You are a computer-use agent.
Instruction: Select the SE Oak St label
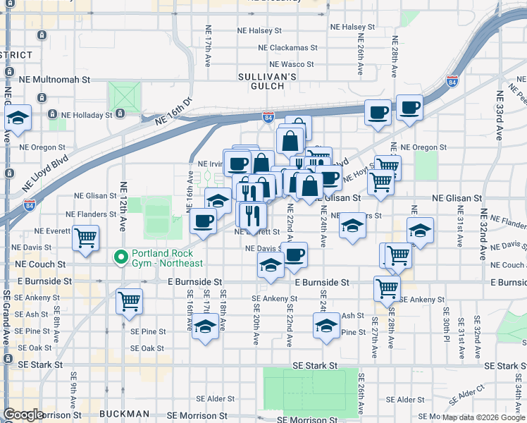coord(147,348)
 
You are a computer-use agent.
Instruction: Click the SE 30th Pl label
coord(446,321)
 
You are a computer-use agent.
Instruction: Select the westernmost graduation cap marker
coord(18,117)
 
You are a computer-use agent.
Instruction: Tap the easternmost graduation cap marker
coord(420,230)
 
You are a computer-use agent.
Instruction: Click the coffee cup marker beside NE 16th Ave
coord(204,221)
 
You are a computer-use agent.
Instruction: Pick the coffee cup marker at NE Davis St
coord(295,254)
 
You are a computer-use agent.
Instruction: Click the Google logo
coord(24,415)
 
